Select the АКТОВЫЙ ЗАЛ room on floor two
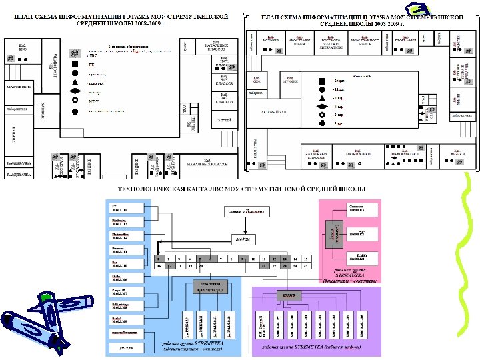coord(272,111)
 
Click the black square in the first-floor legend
coord(75,65)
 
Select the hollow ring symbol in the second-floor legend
coord(322,114)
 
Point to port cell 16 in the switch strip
coord(158,265)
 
